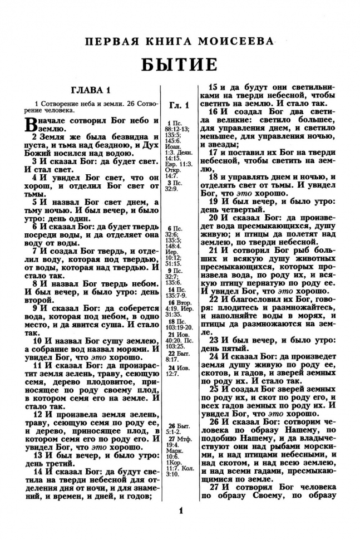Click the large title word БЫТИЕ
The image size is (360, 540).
point(179,64)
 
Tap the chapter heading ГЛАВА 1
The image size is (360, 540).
point(91,90)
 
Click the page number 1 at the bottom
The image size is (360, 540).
point(180,511)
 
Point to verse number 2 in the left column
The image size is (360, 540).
point(34,136)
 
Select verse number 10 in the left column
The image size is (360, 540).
point(37,341)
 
